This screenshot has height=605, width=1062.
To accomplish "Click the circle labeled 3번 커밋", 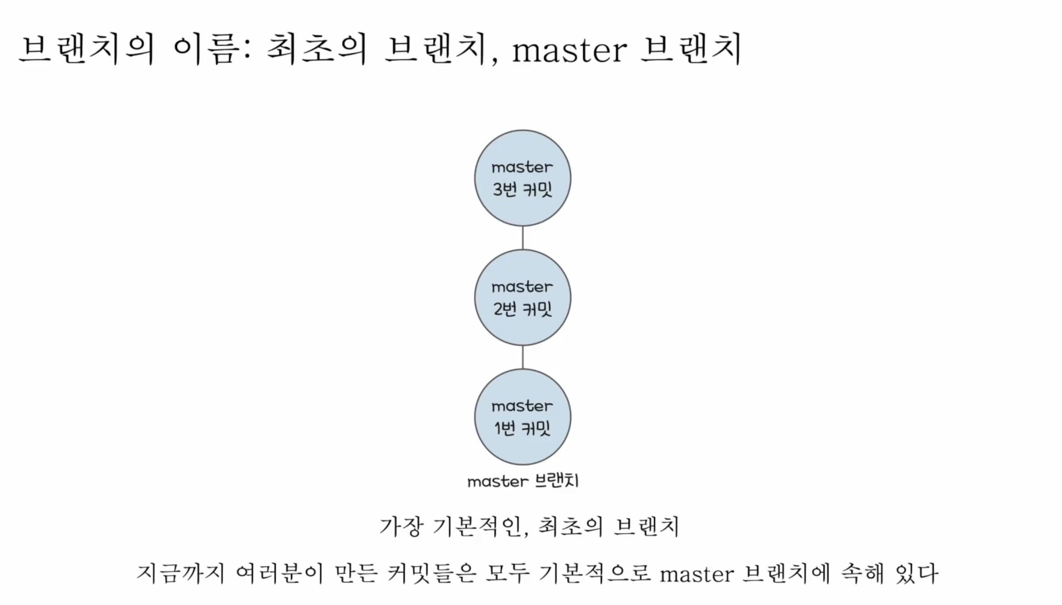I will point(523,178).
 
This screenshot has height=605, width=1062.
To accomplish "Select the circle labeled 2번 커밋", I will point(523,297).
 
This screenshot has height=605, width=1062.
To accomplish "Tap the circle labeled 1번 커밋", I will point(523,417).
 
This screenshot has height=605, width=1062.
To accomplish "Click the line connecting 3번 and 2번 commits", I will point(523,237).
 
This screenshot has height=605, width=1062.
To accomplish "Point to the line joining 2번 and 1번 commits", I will point(523,357).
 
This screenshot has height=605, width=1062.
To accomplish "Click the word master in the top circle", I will point(522,167).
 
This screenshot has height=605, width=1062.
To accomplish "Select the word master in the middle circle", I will point(522,287).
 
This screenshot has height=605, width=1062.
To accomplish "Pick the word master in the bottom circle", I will point(522,406).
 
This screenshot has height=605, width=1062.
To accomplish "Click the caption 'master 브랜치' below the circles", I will point(523,481).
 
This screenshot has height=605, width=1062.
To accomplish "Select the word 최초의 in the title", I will point(317,50).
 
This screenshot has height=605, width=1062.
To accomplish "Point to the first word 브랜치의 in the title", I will point(87,50).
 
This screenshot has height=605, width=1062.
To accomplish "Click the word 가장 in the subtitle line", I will point(401,527).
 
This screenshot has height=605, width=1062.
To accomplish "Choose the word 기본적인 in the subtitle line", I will point(479,527).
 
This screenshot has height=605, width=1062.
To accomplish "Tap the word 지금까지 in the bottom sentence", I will point(181,574).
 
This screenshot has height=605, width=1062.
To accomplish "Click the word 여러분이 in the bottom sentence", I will point(280,574).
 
